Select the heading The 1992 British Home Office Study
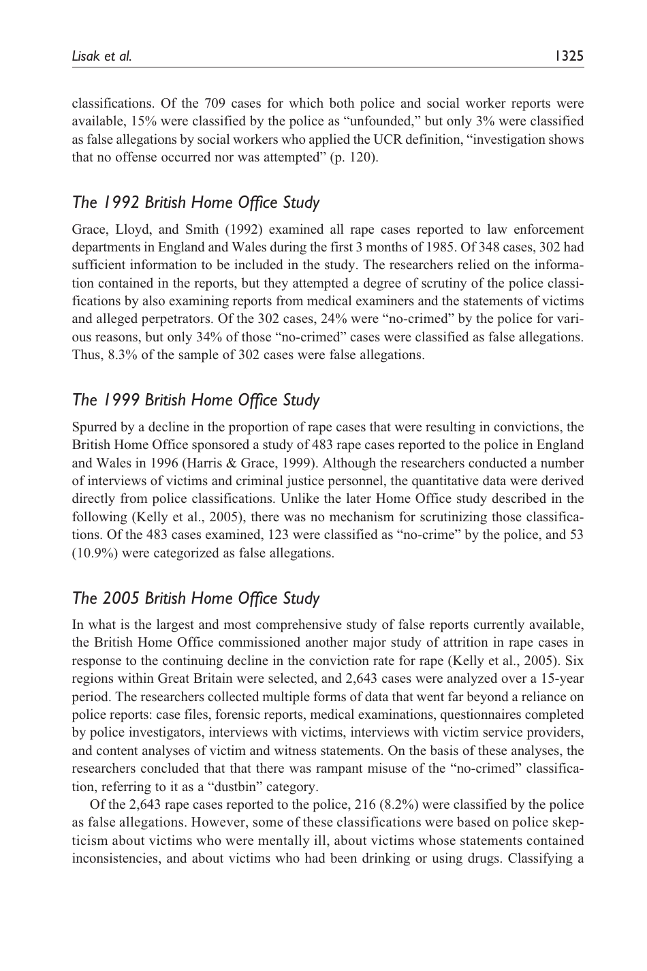195,202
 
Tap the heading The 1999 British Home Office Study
195,400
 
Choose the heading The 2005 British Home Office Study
195,598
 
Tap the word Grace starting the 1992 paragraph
87,230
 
